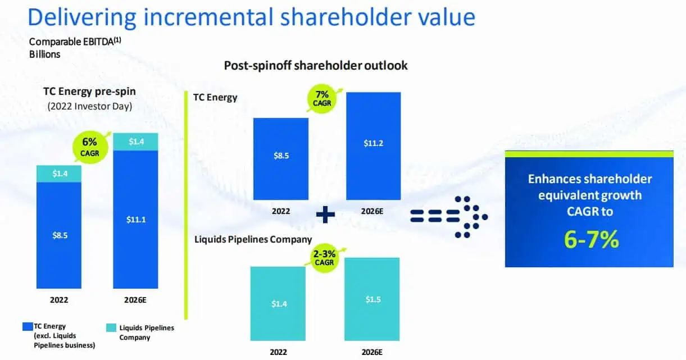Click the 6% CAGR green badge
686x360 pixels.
point(90,147)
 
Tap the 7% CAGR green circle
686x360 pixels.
point(321,99)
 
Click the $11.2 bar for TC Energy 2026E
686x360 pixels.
point(373,146)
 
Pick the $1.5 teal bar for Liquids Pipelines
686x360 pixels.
point(372,299)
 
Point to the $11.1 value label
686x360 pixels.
point(136,220)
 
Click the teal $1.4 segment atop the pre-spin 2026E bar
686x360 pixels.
point(135,142)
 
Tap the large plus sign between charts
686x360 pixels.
point(325,215)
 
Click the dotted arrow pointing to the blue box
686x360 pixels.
point(449,216)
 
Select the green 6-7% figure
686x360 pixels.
point(591,239)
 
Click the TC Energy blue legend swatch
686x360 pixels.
point(28,326)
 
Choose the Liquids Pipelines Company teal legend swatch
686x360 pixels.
point(111,327)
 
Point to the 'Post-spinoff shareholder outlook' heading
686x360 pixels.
point(316,66)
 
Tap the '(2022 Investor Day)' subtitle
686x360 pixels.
point(90,106)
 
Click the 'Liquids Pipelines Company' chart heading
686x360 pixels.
point(253,239)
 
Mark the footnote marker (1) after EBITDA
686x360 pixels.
point(117,40)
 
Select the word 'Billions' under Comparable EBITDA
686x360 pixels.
point(45,54)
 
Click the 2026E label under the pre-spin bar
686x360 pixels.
point(135,300)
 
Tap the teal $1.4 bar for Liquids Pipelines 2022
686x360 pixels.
point(278,304)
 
